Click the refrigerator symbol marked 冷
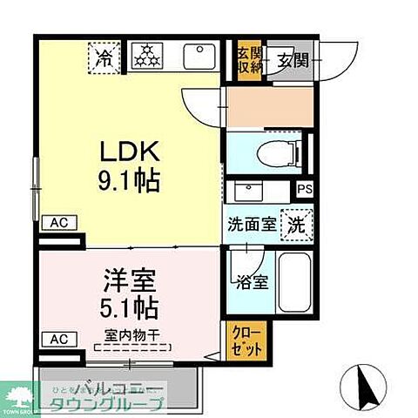[104, 58]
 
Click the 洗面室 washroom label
[252, 222]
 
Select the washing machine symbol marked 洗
[296, 222]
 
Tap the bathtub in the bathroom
[294, 282]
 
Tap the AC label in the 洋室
[57, 338]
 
